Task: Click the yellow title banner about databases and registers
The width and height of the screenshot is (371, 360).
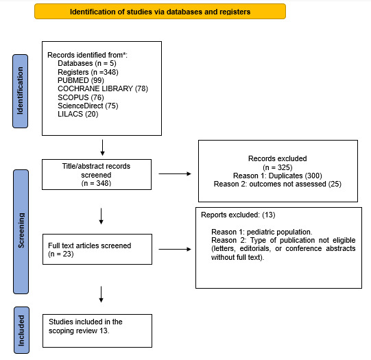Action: pos(160,12)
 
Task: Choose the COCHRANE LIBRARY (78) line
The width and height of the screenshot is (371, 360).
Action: pos(103,88)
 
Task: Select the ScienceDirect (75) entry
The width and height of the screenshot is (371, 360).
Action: pos(88,106)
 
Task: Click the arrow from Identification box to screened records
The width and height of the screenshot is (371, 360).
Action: pos(102,147)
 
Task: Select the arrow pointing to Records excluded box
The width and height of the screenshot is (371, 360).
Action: pos(180,174)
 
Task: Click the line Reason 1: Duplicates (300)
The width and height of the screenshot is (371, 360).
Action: pos(278,175)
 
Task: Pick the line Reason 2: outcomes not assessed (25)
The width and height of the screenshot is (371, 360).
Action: pos(278,184)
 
